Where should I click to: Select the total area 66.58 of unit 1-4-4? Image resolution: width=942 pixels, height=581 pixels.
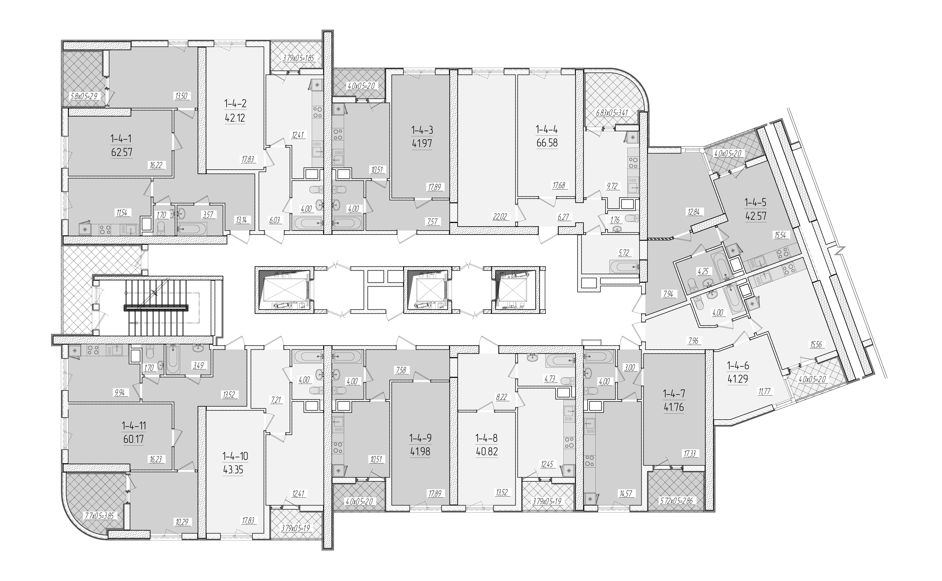(547, 143)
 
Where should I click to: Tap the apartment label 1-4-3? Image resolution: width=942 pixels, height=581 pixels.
(422, 130)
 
